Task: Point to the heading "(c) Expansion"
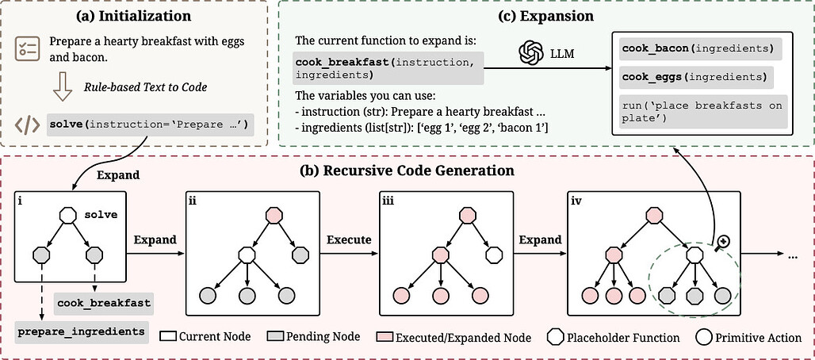[x=439, y=14]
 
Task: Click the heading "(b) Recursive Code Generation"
[x=407, y=170]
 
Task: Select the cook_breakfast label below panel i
[x=103, y=303]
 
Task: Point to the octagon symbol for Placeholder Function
[x=556, y=337]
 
